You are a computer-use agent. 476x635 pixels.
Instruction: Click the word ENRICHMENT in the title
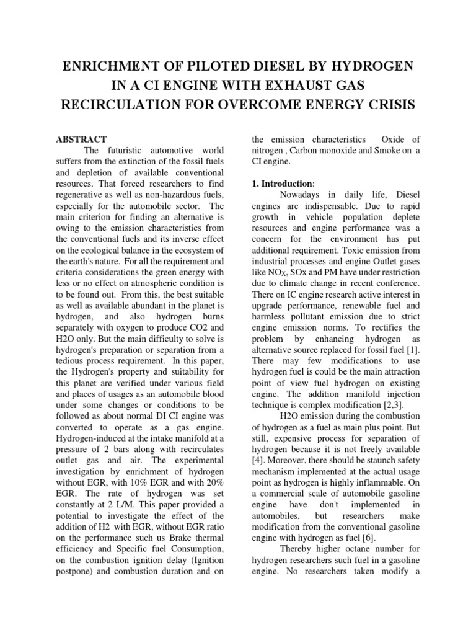110,66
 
